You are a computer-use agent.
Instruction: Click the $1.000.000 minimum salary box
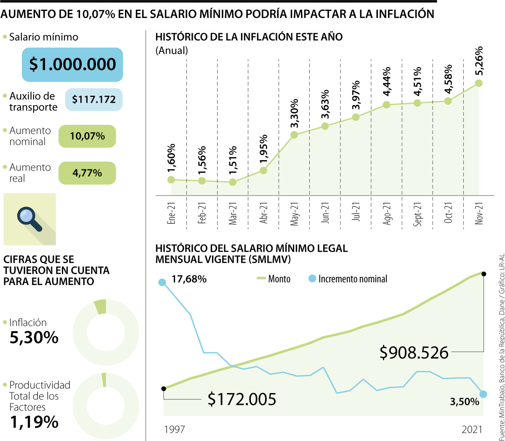coord(72,64)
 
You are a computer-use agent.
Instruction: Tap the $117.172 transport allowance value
coord(93,100)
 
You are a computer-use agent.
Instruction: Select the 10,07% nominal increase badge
coord(87,136)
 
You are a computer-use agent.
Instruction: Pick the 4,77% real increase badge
coord(87,173)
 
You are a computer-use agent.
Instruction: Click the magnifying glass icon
coord(29,219)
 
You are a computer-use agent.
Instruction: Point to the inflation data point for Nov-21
coord(478,83)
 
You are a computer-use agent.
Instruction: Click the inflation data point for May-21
coord(294,135)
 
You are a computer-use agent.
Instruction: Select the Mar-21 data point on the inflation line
coord(233,182)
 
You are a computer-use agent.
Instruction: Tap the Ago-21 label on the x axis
coord(387,213)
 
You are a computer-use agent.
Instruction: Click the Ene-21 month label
coord(171,213)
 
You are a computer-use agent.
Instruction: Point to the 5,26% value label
coord(478,61)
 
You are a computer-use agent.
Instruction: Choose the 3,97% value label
coord(356,95)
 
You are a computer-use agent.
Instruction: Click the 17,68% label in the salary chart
coord(189,279)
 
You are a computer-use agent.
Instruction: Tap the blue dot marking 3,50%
coord(483,394)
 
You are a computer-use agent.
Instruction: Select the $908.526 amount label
coord(414,353)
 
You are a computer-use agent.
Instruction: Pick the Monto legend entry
coord(274,279)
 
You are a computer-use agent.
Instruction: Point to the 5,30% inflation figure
coord(34,338)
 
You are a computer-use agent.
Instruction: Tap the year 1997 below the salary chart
coord(174,429)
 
